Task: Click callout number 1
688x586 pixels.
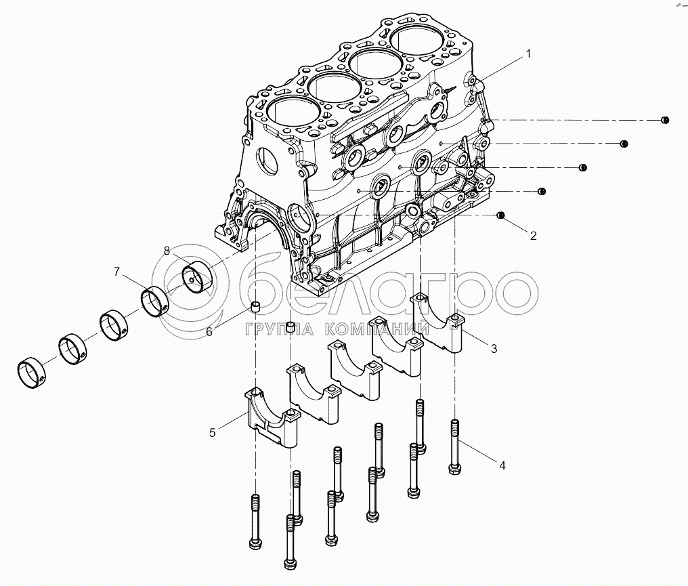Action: pyautogui.click(x=528, y=54)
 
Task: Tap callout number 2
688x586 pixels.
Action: pyautogui.click(x=533, y=236)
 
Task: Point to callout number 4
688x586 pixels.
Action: pyautogui.click(x=502, y=465)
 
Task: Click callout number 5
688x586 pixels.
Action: pyautogui.click(x=213, y=433)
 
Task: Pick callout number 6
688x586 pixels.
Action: pyautogui.click(x=209, y=332)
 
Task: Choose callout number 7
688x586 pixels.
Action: pyautogui.click(x=116, y=272)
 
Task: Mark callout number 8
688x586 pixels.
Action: pyautogui.click(x=167, y=251)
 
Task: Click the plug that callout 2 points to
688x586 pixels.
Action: pyautogui.click(x=500, y=215)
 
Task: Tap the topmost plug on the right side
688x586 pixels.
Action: pyautogui.click(x=665, y=120)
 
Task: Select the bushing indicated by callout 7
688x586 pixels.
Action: pyautogui.click(x=155, y=301)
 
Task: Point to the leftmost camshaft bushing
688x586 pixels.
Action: pyautogui.click(x=32, y=374)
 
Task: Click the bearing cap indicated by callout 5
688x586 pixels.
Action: pyautogui.click(x=272, y=418)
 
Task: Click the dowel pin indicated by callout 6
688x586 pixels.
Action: pyautogui.click(x=255, y=306)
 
